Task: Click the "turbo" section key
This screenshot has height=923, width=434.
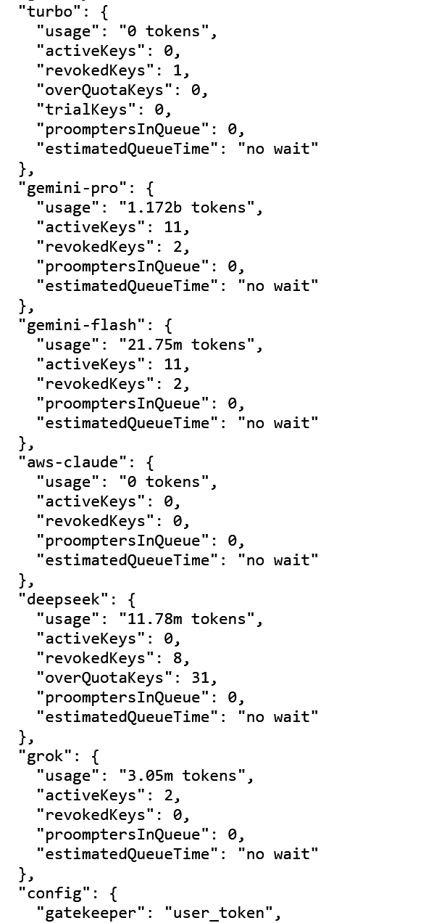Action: [x=50, y=12]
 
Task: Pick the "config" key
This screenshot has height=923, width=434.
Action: [x=54, y=893]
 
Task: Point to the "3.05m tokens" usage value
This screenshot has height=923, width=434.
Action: [x=182, y=776]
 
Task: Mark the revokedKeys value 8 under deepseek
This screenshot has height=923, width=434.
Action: [x=178, y=658]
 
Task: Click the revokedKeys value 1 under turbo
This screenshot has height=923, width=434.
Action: [x=178, y=70]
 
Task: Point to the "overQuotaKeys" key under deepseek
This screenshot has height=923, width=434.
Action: [x=104, y=678]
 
